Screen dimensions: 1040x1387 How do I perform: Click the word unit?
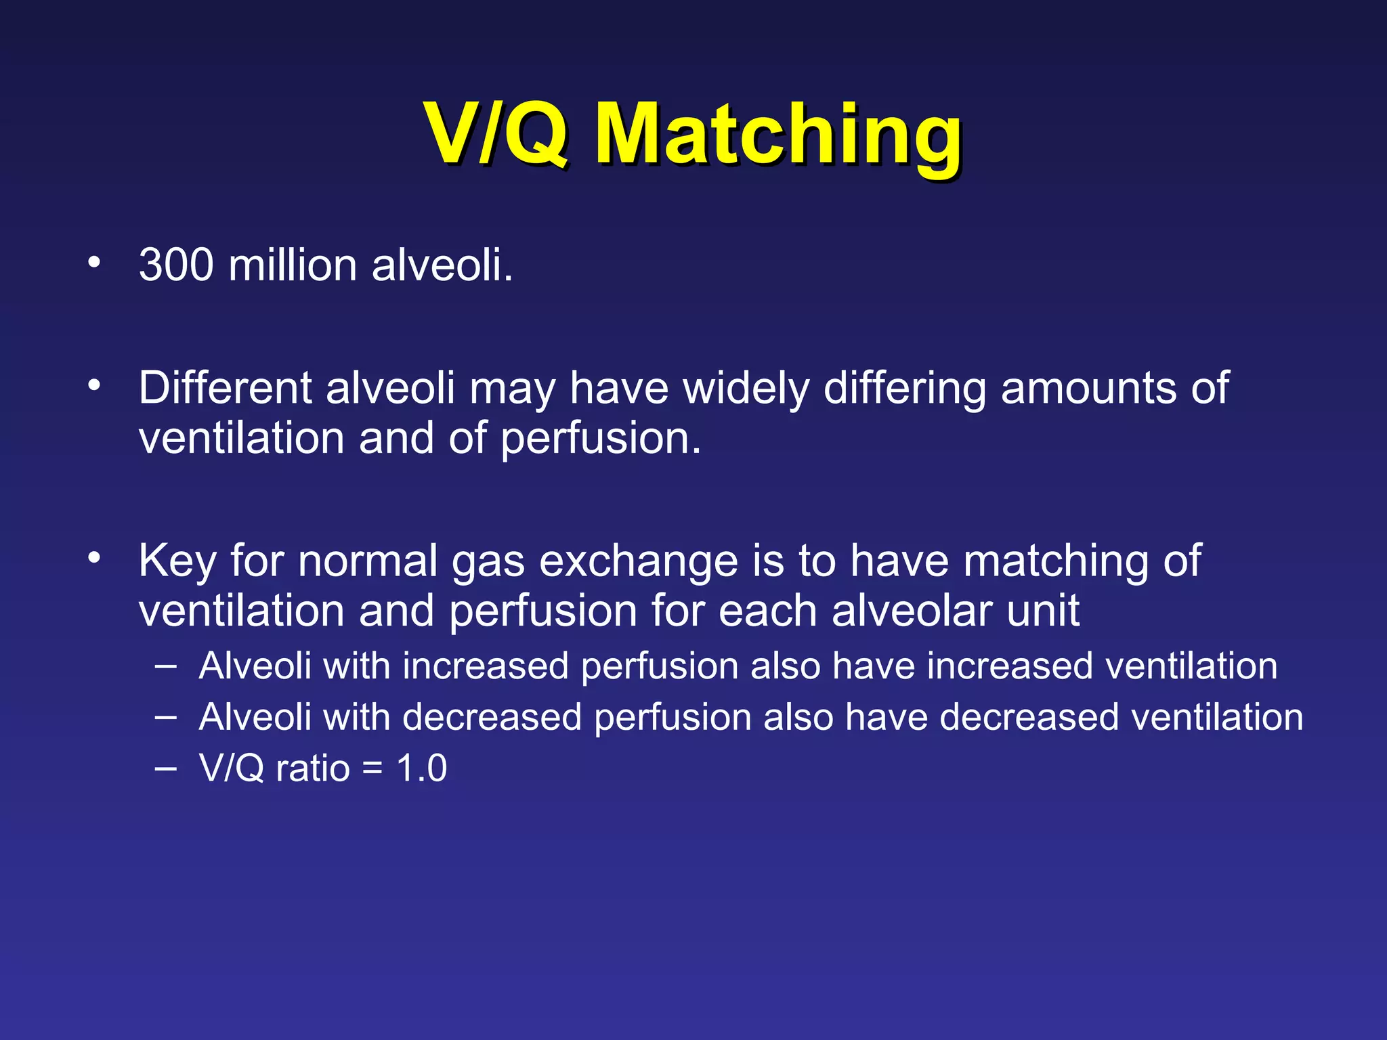pyautogui.click(x=1042, y=611)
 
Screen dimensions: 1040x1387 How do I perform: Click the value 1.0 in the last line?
pyautogui.click(x=421, y=768)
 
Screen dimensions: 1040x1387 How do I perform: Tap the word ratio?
pyautogui.click(x=312, y=768)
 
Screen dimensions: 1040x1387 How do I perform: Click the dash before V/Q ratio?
pyautogui.click(x=165, y=767)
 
